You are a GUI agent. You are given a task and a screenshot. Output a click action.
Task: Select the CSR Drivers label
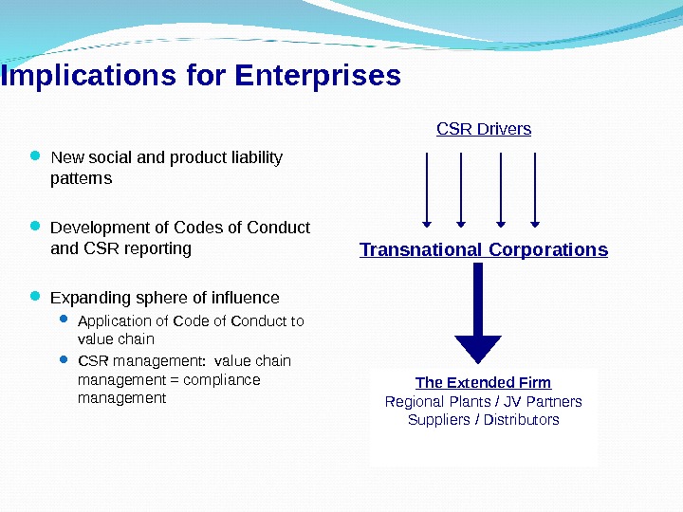point(484,128)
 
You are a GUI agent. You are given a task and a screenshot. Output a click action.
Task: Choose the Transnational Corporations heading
point(484,250)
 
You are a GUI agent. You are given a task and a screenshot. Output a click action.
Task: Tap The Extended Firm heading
point(483,382)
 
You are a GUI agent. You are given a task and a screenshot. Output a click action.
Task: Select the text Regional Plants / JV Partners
point(483,401)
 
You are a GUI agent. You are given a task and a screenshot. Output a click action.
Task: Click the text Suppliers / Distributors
point(483,419)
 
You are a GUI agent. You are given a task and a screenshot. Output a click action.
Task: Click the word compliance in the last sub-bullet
point(224,379)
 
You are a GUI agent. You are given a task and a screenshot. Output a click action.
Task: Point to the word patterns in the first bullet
point(81,178)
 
